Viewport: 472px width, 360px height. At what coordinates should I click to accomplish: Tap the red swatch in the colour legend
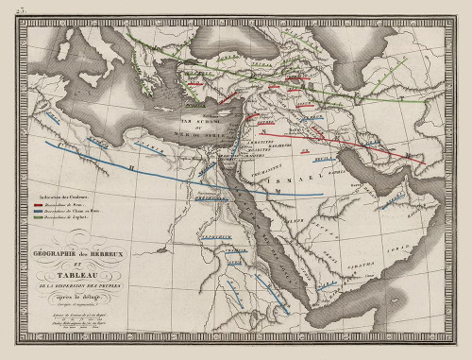point(42,203)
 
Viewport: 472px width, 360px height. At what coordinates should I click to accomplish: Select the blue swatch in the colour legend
point(42,211)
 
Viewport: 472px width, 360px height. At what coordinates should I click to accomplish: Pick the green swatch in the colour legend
point(42,218)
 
